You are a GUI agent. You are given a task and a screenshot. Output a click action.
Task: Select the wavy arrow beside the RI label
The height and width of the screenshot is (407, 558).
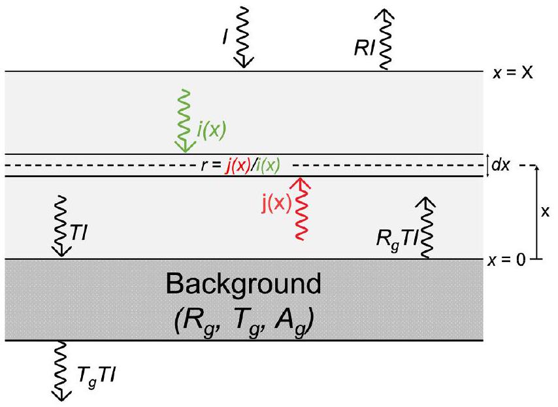386,36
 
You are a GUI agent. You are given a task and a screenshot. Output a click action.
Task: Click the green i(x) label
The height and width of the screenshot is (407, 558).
212,131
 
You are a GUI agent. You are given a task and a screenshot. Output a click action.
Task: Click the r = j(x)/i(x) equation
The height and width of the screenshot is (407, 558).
241,166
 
